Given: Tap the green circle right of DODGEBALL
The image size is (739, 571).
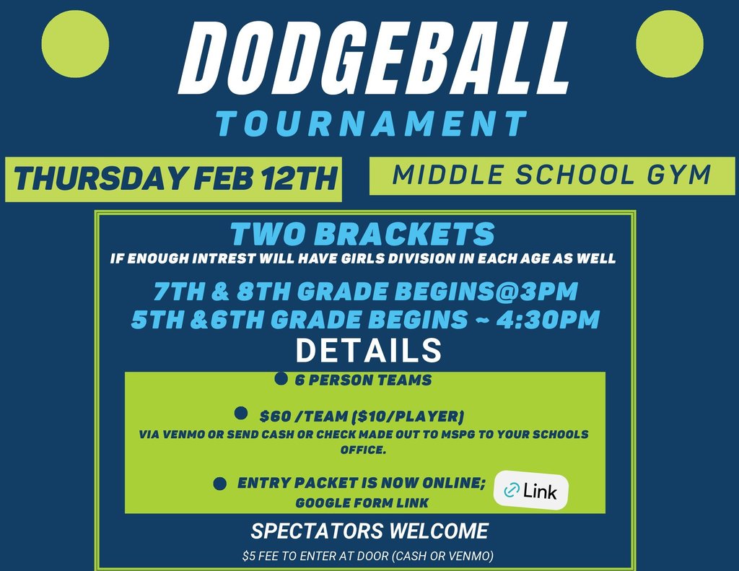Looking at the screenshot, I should click(670, 43).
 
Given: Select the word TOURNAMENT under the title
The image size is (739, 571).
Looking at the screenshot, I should click(372, 124).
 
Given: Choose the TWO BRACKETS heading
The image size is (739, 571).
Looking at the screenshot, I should click(363, 235).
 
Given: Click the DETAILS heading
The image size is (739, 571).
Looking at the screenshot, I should click(368, 350).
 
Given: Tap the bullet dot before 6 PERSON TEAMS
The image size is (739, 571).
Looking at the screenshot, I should click(281, 378).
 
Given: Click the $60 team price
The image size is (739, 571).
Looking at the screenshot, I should click(275, 417).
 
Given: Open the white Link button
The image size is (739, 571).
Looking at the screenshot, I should click(531, 492).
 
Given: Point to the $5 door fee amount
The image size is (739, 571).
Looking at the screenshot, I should click(250, 557).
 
